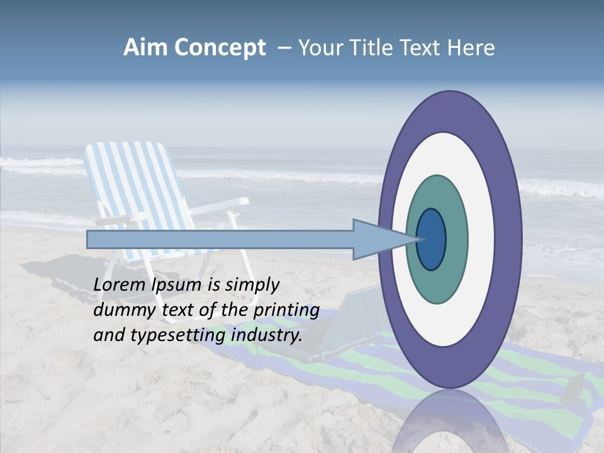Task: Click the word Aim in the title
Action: [145, 48]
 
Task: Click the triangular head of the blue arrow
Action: [377, 239]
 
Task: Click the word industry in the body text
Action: [266, 335]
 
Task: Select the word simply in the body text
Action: [252, 285]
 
